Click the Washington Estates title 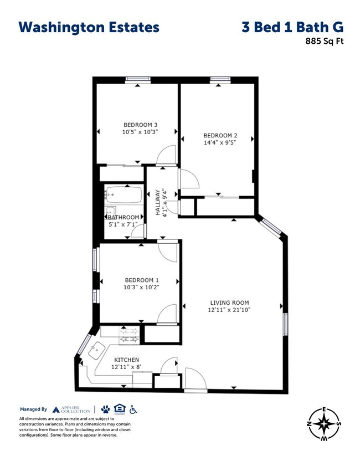point(89,27)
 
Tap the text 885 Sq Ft point(321,40)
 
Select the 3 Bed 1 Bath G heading point(292,27)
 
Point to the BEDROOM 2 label point(220,135)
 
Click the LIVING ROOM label point(230,303)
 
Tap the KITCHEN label point(126,360)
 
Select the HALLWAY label point(157,203)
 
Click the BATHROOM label point(123,217)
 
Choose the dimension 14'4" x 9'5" point(220,142)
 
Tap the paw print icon point(105,409)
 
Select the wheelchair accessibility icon point(133,409)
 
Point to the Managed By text point(33,409)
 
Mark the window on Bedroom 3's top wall point(138,80)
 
